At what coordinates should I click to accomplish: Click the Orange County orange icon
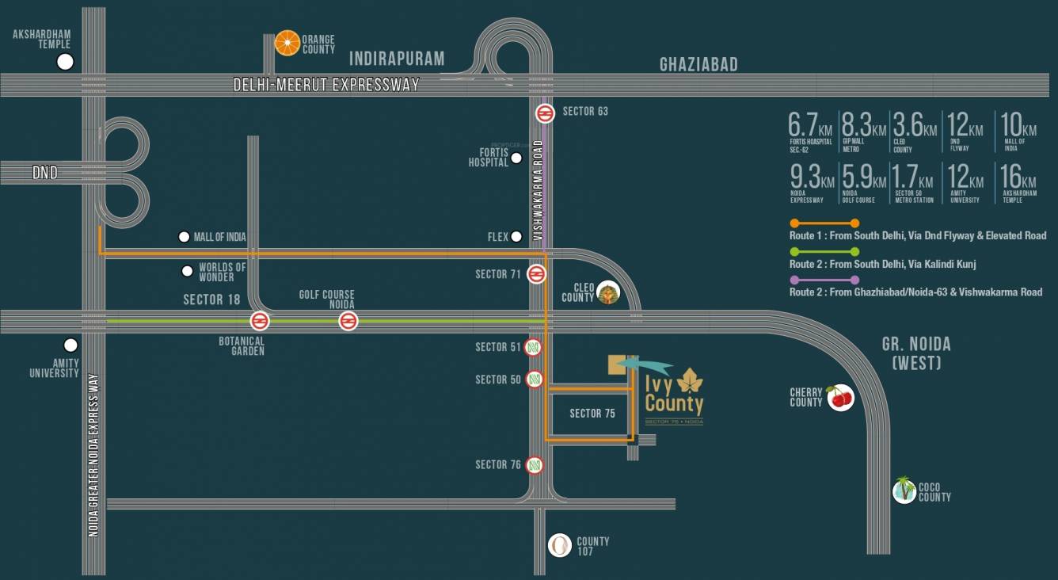(287, 43)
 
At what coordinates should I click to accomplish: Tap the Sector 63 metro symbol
(544, 113)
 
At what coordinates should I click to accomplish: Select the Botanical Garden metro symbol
(259, 321)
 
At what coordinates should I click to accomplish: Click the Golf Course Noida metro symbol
(347, 321)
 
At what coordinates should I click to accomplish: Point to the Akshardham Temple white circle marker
(65, 62)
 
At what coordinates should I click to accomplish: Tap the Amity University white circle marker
(70, 345)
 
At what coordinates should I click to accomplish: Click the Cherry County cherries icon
(840, 398)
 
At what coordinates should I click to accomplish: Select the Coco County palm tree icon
(904, 490)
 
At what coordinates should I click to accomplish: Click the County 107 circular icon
(560, 544)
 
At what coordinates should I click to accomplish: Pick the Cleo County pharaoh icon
(607, 292)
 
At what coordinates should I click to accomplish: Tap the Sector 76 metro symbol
(535, 465)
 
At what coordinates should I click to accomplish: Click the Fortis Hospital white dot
(516, 158)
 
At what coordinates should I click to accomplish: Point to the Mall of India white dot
(184, 237)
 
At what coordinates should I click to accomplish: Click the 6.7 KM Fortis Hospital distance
(811, 131)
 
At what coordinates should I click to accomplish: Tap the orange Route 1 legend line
(824, 223)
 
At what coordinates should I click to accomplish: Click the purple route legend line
(824, 280)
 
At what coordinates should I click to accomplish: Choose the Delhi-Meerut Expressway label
(326, 85)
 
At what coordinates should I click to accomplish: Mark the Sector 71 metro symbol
(536, 274)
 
